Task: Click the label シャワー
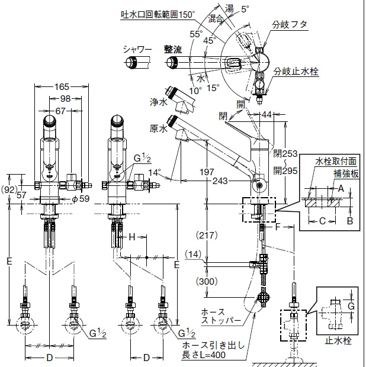point(138,50)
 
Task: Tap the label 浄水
point(157,102)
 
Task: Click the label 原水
point(158,128)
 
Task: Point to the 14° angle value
point(156,173)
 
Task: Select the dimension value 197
point(207,171)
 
